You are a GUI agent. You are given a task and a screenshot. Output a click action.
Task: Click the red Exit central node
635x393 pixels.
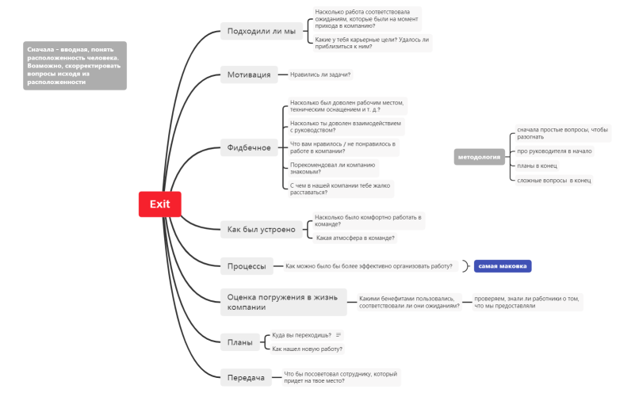click(160, 204)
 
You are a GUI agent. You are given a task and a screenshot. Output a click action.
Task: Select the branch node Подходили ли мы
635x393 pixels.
click(261, 32)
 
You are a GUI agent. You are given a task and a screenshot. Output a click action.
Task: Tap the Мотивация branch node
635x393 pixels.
click(249, 75)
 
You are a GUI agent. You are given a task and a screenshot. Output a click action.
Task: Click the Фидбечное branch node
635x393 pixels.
click(249, 147)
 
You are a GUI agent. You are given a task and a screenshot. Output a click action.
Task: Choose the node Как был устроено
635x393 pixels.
click(261, 230)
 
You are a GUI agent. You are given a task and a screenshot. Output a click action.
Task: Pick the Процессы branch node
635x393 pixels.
click(247, 266)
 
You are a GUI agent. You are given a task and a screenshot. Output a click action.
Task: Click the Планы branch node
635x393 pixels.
click(239, 342)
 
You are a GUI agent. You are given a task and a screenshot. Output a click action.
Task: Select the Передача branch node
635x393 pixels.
click(246, 378)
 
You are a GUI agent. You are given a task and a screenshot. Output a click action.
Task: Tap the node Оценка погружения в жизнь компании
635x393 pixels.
click(282, 302)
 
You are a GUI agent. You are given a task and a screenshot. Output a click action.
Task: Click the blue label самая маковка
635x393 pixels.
click(503, 266)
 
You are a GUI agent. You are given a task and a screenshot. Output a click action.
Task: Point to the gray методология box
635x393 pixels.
click(480, 157)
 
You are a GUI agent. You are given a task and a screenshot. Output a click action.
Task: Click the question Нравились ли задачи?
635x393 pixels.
click(320, 74)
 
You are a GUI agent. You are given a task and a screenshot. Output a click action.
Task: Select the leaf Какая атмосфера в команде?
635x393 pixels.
click(355, 238)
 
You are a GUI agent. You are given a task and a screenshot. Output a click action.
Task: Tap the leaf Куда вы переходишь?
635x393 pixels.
click(301, 335)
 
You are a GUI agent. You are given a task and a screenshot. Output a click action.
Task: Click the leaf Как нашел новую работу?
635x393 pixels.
click(307, 349)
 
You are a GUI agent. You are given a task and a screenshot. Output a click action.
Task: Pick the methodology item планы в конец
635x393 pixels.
click(537, 166)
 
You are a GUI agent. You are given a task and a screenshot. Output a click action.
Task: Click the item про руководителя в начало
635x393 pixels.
click(554, 151)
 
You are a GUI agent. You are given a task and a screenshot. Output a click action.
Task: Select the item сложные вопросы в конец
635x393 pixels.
click(553, 181)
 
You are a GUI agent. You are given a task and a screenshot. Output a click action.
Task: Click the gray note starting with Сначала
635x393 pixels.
click(75, 65)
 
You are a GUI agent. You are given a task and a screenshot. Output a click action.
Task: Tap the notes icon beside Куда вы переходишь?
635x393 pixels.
click(339, 335)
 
